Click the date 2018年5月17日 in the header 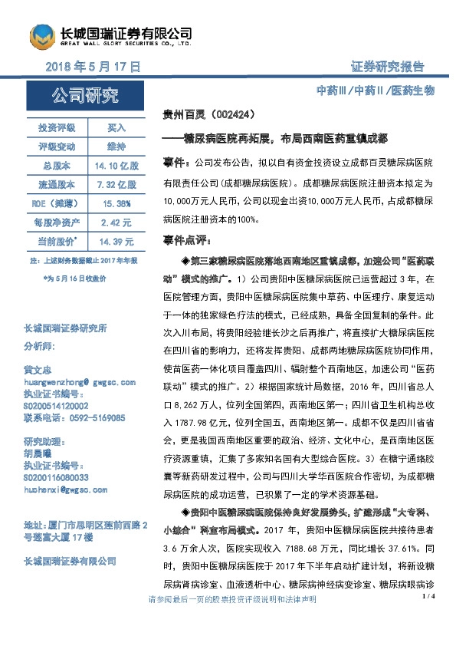click(x=92, y=68)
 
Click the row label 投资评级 click(x=57, y=127)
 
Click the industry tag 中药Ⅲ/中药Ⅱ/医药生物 click(x=376, y=91)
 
